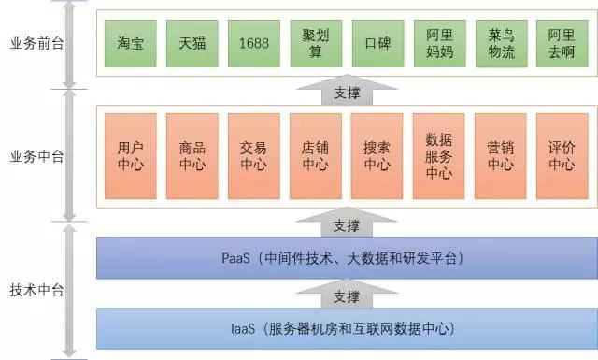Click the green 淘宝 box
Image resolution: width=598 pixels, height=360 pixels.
130,43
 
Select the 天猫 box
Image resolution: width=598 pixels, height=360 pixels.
192,43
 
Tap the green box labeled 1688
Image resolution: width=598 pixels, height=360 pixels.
253,43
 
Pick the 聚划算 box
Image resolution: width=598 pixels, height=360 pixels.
315,43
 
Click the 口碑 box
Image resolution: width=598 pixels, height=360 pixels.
377,43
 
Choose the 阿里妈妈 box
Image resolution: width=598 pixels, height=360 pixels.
439,43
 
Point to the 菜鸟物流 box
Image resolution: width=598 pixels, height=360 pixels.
501,43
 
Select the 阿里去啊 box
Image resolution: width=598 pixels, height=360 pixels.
562,43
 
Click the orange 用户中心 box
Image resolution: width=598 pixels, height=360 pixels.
130,156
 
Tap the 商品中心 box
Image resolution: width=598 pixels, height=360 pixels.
192,156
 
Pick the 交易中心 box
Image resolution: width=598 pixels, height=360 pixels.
253,156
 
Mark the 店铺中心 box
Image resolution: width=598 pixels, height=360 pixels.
315,156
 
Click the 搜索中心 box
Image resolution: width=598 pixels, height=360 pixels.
377,156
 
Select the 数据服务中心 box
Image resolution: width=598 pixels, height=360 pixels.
439,156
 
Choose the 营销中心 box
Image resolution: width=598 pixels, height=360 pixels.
501,156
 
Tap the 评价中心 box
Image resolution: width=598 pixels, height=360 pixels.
562,156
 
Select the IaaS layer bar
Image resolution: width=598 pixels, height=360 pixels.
345,328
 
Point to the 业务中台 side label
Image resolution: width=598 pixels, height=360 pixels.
36,156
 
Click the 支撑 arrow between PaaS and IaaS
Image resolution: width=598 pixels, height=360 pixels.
346,295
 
